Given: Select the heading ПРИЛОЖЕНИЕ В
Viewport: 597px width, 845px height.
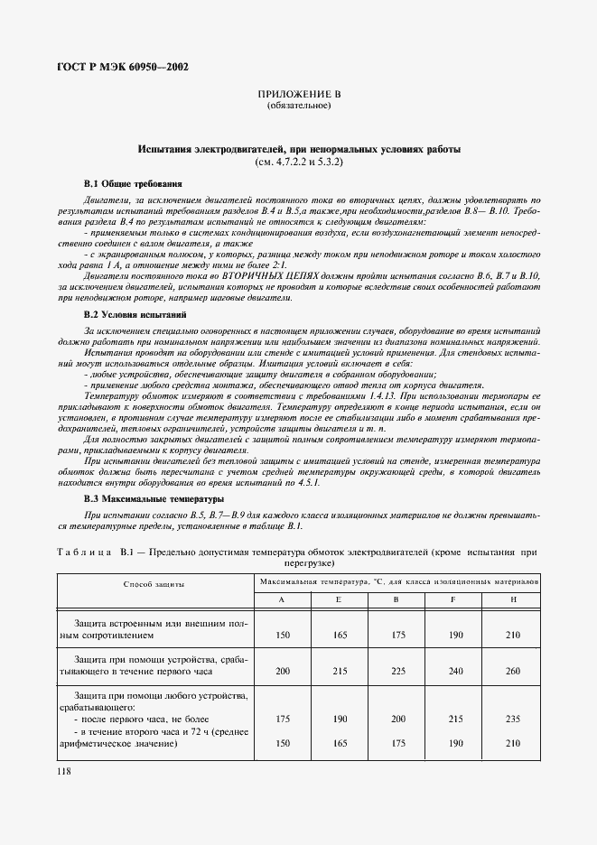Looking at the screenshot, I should (298, 94).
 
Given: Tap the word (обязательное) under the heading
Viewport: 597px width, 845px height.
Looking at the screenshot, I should (298, 106).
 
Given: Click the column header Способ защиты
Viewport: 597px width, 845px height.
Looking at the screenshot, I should (154, 584).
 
